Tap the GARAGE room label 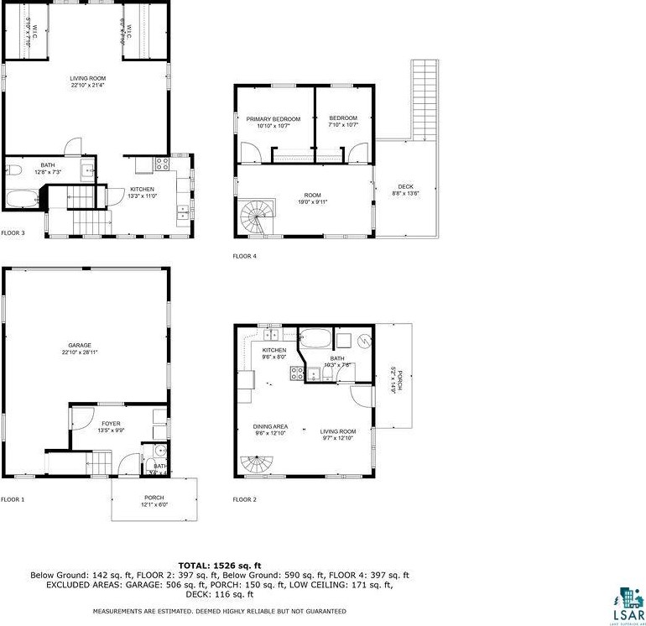[80, 346]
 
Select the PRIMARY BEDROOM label [273, 119]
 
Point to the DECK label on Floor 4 [406, 186]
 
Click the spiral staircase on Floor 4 [255, 217]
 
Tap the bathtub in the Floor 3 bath [22, 199]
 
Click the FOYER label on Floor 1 [112, 424]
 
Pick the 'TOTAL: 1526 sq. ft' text [220, 565]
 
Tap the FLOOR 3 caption [13, 232]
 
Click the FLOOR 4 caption [245, 256]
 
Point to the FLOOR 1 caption [13, 499]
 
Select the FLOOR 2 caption [245, 499]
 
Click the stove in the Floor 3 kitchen [163, 162]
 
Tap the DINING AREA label [270, 427]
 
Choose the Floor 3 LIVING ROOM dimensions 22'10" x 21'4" [87, 85]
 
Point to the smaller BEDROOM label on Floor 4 [343, 117]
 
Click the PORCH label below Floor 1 [154, 498]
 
